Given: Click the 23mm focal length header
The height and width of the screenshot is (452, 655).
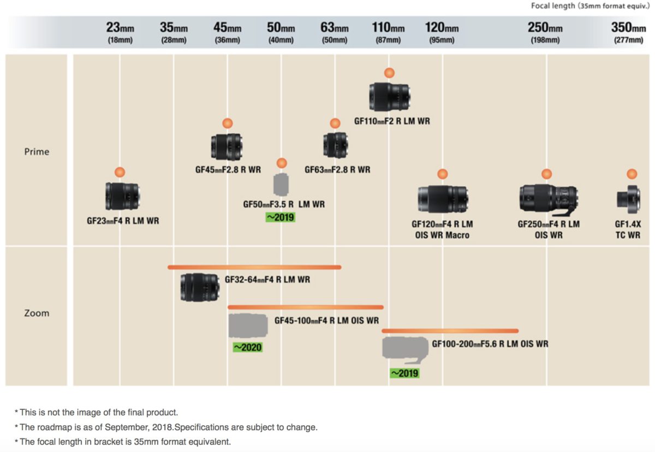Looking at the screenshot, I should (x=120, y=32).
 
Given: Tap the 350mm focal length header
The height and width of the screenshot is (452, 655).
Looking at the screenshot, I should (x=628, y=32).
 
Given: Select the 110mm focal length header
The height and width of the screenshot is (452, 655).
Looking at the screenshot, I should (x=388, y=32).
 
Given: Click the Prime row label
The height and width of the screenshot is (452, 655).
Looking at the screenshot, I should (x=37, y=152).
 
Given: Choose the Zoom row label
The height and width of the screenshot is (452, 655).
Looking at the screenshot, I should (x=37, y=313).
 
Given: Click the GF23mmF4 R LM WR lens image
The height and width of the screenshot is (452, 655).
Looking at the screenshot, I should (x=123, y=197).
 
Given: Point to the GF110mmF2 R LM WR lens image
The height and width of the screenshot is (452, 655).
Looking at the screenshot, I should (x=389, y=97).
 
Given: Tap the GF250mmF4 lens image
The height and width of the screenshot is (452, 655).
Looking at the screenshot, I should (x=548, y=198).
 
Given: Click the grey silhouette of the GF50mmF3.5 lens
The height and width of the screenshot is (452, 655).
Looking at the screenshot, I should (x=282, y=185).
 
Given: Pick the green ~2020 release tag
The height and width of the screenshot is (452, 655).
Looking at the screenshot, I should (x=247, y=347).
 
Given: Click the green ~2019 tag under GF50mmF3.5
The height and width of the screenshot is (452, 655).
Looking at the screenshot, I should (x=280, y=217).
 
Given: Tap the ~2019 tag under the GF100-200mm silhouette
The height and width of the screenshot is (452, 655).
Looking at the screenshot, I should (x=404, y=373).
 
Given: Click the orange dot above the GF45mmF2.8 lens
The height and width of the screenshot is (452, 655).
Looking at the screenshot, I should (x=227, y=123).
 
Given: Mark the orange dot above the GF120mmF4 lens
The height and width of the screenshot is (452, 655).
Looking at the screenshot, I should (x=442, y=174).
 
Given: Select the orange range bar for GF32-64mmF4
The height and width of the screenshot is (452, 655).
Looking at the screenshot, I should (x=254, y=267).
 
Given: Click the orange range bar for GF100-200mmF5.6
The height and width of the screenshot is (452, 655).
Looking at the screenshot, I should (x=450, y=331).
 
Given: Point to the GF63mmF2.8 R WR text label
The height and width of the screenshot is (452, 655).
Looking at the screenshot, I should (x=337, y=170).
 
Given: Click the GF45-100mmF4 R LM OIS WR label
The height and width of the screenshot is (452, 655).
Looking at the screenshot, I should (x=326, y=320).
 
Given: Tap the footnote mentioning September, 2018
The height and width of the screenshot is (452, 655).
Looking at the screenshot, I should (x=168, y=427).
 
